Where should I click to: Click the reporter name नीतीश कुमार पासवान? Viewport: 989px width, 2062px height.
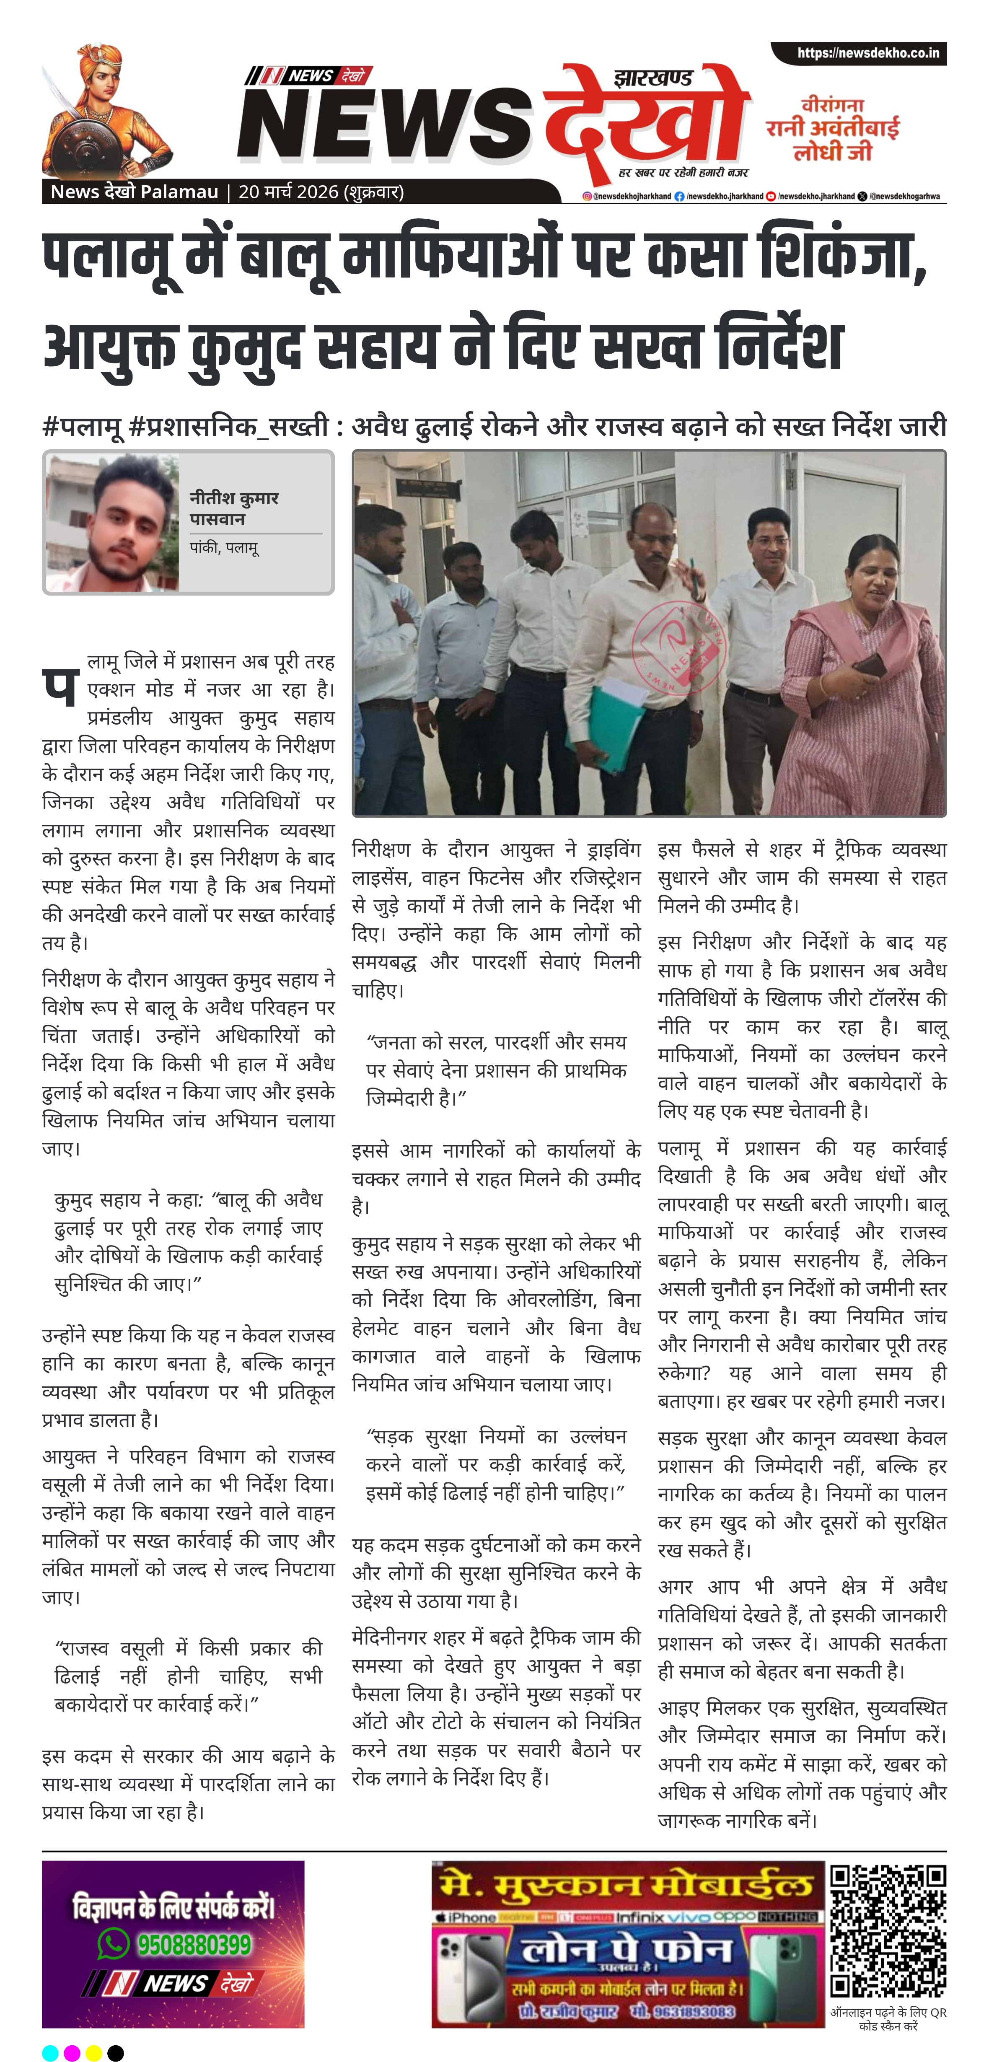tap(234, 508)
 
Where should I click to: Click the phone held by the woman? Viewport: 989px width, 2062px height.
tap(868, 664)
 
